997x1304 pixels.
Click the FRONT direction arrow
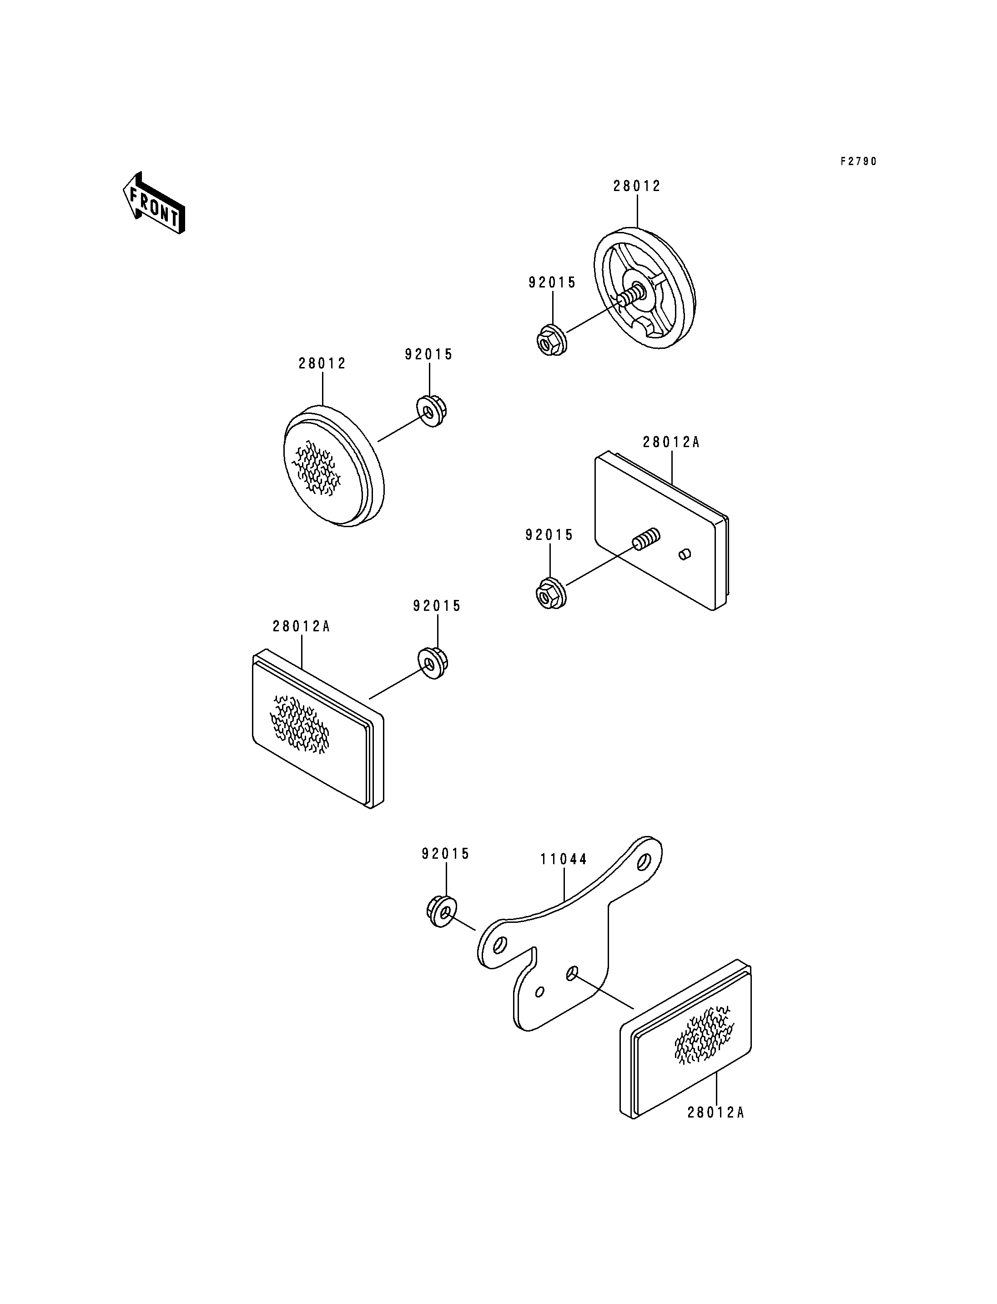coord(154,203)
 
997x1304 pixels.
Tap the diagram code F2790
coord(858,161)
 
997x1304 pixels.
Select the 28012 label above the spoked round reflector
coord(637,186)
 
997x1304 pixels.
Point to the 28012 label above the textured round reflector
coord(322,363)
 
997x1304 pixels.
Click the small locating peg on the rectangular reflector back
coord(684,554)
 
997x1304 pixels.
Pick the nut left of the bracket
coord(442,911)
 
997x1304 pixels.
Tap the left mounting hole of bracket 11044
coord(500,944)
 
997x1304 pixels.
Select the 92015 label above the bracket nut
coord(446,854)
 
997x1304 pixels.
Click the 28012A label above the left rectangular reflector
coord(301,626)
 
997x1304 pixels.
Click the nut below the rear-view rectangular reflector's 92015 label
coord(551,592)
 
